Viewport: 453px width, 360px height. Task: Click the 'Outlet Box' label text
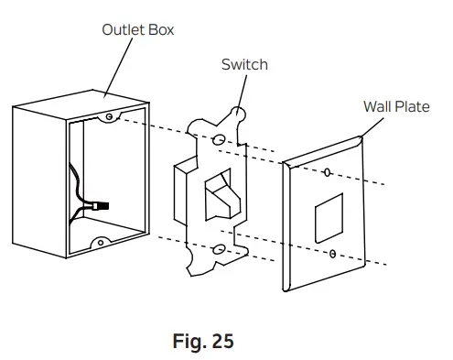pos(137,29)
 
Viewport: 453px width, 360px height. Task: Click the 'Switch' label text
pos(244,64)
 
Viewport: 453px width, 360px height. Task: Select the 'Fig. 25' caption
pos(203,343)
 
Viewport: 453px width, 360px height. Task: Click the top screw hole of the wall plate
pos(327,171)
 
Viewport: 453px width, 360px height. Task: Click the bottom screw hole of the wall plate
pos(334,252)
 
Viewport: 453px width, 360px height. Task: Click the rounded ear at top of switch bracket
pos(241,115)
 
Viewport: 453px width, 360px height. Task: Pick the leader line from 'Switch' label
pos(245,89)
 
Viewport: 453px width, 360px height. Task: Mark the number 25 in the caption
pos(220,343)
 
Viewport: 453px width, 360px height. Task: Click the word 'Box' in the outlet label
pos(159,29)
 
